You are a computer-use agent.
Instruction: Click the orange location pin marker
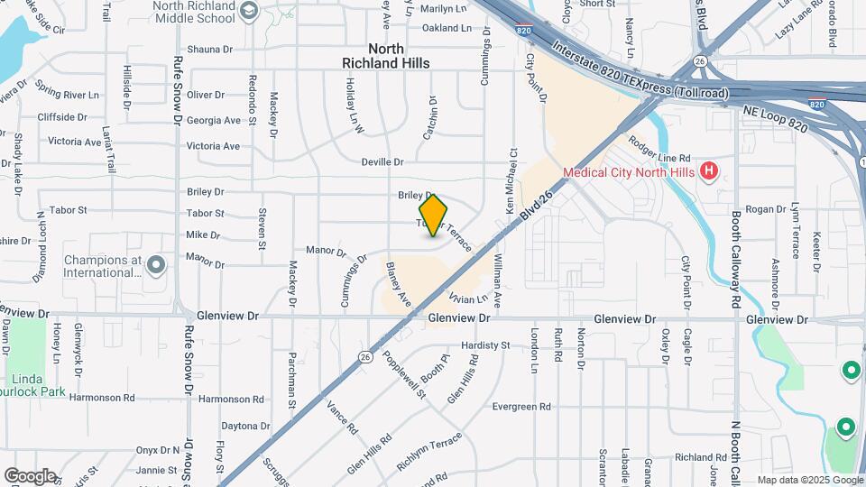coord(434,216)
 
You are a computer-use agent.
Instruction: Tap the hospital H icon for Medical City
coord(709,170)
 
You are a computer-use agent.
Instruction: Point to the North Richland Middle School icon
coord(250,11)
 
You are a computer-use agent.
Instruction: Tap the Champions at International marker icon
coord(157,265)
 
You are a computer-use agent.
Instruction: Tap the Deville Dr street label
coord(382,162)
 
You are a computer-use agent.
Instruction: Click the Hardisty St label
coord(485,345)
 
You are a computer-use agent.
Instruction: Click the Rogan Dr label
coord(767,209)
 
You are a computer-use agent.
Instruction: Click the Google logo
coord(30,475)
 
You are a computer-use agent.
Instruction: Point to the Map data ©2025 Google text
coord(809,480)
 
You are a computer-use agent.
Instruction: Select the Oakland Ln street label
coord(447,28)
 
